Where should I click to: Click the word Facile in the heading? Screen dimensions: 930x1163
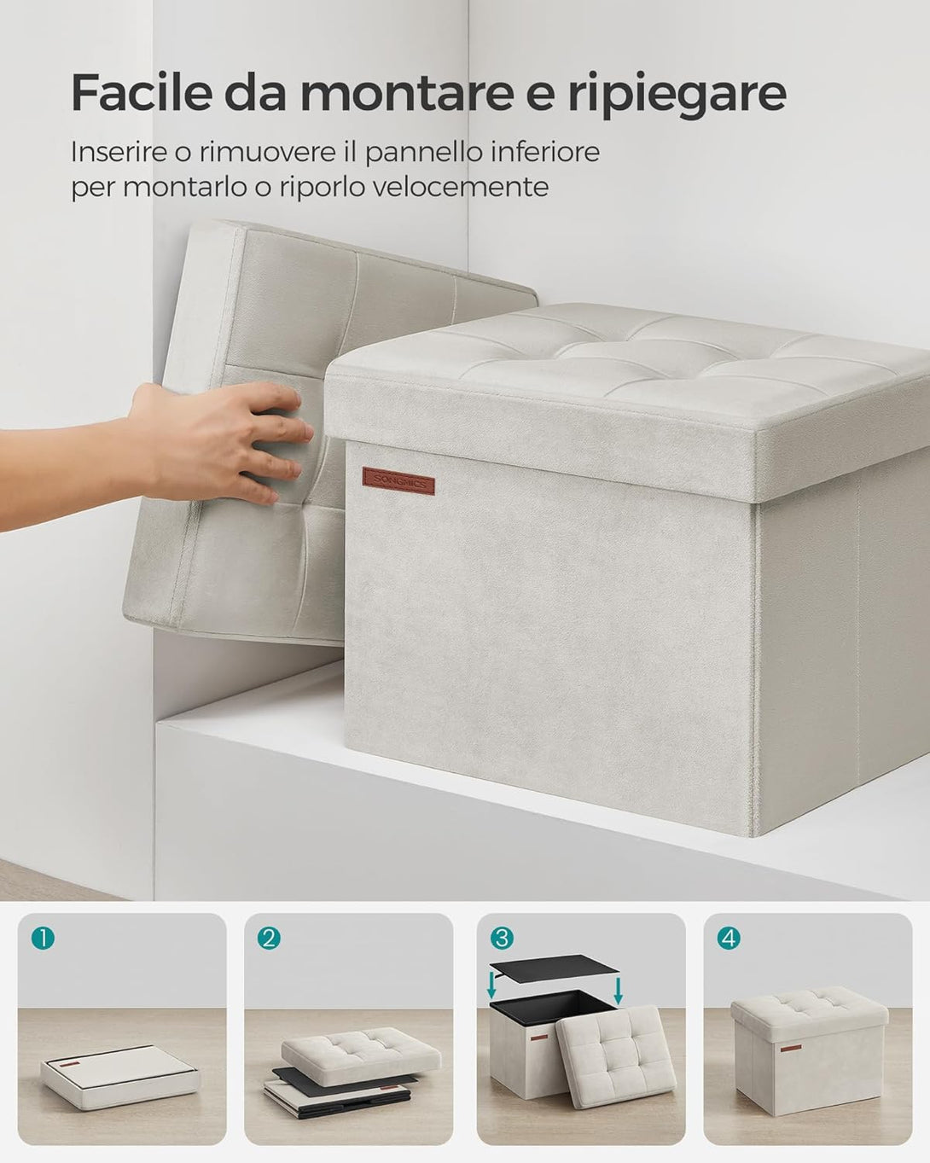pos(142,92)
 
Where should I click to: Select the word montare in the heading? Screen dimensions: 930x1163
pos(406,94)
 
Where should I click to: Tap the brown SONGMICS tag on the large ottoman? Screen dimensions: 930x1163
pos(398,481)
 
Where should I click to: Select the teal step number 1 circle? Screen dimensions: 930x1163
pos(44,939)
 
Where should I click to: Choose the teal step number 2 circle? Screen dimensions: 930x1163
pos(269,939)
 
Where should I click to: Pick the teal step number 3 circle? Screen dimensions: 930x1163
pos(502,939)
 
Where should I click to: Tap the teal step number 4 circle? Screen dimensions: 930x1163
pos(729,939)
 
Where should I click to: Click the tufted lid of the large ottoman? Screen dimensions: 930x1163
pos(627,400)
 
